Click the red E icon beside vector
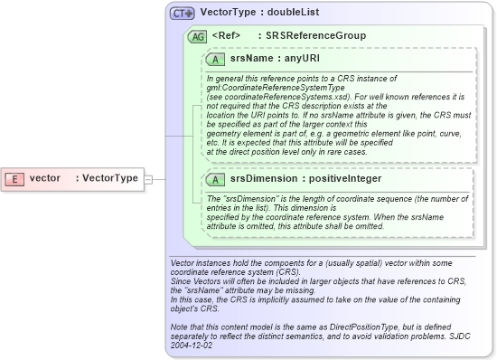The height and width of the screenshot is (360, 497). click(x=16, y=178)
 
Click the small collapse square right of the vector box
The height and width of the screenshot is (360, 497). click(x=149, y=178)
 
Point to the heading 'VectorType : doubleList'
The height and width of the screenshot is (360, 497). click(x=258, y=14)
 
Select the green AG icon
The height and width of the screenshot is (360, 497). click(x=197, y=36)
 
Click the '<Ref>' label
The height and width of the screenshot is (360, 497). click(x=226, y=36)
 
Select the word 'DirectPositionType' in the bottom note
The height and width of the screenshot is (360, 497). click(x=348, y=328)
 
